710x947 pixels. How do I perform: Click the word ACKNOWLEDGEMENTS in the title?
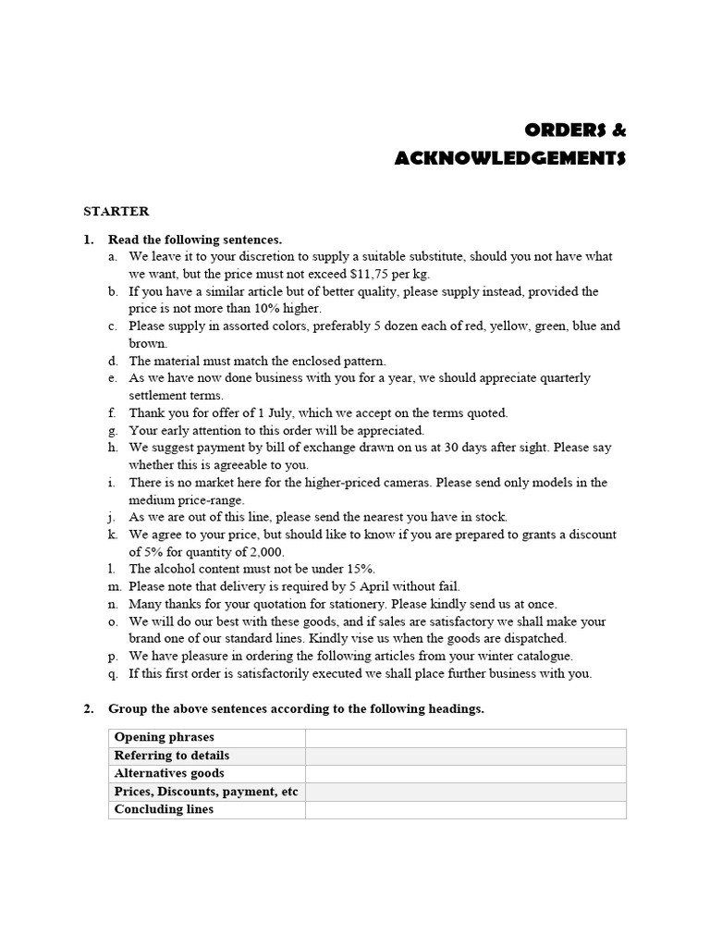[x=510, y=158]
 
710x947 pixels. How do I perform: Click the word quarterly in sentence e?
[x=559, y=378]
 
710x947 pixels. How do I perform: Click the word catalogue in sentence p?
[x=543, y=656]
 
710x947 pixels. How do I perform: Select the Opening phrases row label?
[x=164, y=737]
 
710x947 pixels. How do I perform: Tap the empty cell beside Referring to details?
[x=465, y=756]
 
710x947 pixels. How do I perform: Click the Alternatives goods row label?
[x=169, y=773]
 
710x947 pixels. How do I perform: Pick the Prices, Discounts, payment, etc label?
[x=206, y=792]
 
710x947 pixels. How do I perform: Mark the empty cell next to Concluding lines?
[x=465, y=809]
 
